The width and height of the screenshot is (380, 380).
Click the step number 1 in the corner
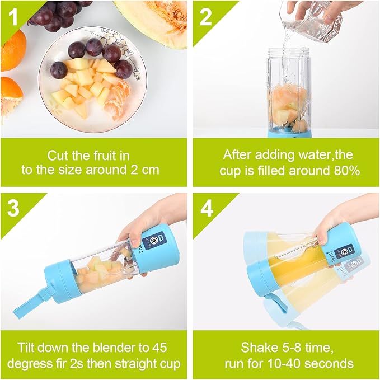(14, 17)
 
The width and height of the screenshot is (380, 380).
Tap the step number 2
(205, 17)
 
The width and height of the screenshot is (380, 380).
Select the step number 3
(13, 208)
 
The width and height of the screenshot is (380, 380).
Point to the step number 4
(207, 208)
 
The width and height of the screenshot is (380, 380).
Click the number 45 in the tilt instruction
(159, 348)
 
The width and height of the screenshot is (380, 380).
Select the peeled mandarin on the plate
(117, 100)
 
